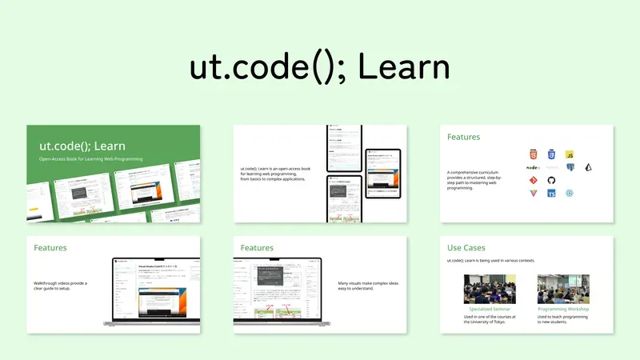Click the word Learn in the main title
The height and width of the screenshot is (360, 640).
click(x=404, y=69)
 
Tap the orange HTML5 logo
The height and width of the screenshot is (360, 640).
click(x=533, y=154)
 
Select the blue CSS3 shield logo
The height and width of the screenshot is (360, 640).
click(x=552, y=154)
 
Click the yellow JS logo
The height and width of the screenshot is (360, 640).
click(x=570, y=154)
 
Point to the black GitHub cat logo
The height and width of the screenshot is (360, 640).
click(x=552, y=181)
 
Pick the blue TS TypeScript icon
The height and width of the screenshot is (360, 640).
click(x=552, y=194)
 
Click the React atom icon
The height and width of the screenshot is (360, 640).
click(x=570, y=194)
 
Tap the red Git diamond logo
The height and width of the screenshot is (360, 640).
click(x=533, y=181)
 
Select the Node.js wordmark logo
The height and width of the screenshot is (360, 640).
click(x=533, y=168)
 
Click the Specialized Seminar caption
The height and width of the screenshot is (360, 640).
click(x=490, y=309)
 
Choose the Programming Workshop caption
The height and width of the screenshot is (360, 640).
click(x=563, y=309)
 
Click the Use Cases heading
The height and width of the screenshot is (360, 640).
click(x=466, y=248)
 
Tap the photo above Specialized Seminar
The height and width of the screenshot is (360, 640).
click(x=490, y=289)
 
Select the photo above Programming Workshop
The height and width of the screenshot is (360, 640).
click(x=563, y=289)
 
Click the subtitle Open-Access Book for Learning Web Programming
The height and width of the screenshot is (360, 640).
click(x=89, y=160)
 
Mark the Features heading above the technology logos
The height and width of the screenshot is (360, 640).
click(x=464, y=137)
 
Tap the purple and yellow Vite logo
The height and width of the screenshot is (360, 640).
click(x=533, y=194)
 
